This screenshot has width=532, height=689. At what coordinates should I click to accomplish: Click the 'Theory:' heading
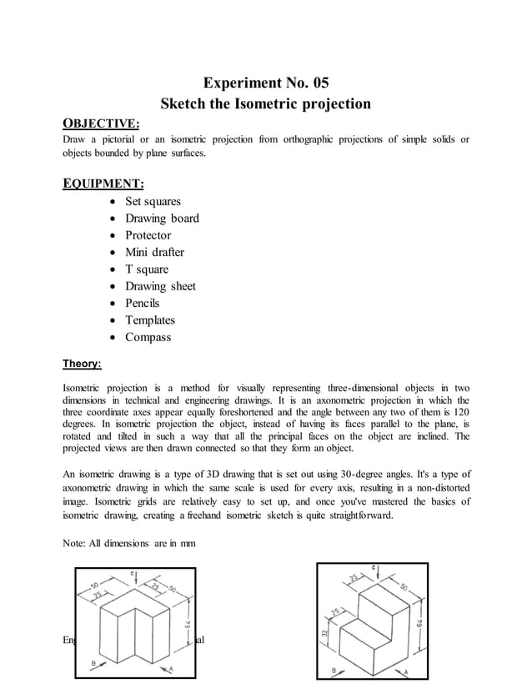(83, 364)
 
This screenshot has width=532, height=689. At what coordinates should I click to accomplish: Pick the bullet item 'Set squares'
(153, 202)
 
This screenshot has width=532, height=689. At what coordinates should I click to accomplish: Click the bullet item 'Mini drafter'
(154, 252)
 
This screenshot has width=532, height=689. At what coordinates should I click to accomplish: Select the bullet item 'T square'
(146, 269)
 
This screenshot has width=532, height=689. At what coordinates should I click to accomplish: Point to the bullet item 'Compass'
(148, 337)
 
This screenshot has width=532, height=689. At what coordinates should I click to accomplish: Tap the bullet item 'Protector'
(148, 235)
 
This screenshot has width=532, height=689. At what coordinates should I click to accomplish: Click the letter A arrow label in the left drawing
(171, 668)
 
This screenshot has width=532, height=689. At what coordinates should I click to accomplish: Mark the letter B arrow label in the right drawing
(334, 671)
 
